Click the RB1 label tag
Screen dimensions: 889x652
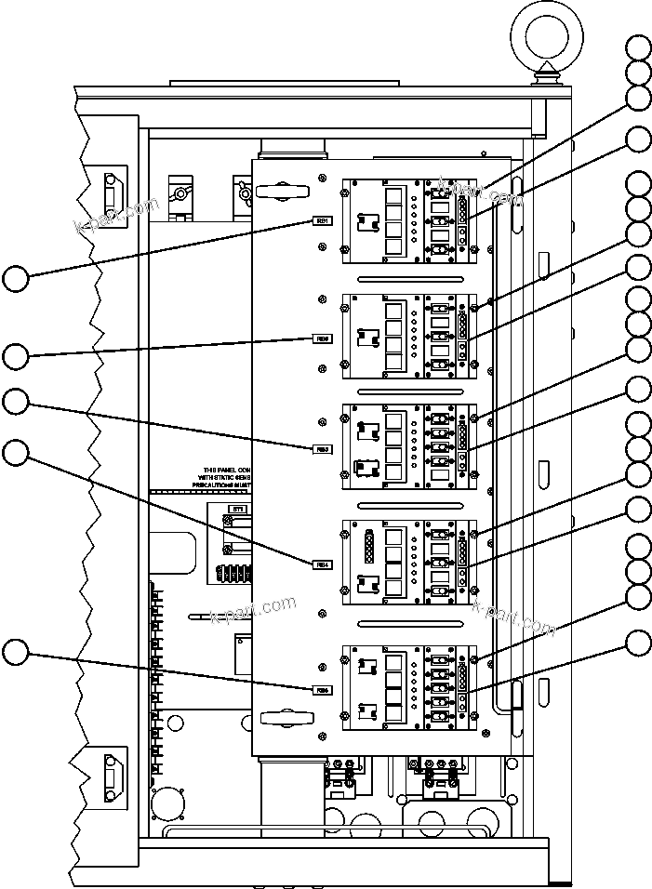(322, 221)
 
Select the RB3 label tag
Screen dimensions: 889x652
(322, 449)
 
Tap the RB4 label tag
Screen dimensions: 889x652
(322, 564)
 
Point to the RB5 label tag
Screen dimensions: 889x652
(322, 689)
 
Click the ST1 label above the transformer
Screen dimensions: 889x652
(237, 510)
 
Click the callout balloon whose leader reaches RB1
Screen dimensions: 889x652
(16, 278)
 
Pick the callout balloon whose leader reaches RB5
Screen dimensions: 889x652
(16, 653)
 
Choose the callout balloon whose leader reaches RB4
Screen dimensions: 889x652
(16, 453)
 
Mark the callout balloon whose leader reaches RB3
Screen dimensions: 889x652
(16, 402)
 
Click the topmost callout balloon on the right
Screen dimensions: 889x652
(638, 48)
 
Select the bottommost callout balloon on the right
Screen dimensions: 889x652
(638, 643)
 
